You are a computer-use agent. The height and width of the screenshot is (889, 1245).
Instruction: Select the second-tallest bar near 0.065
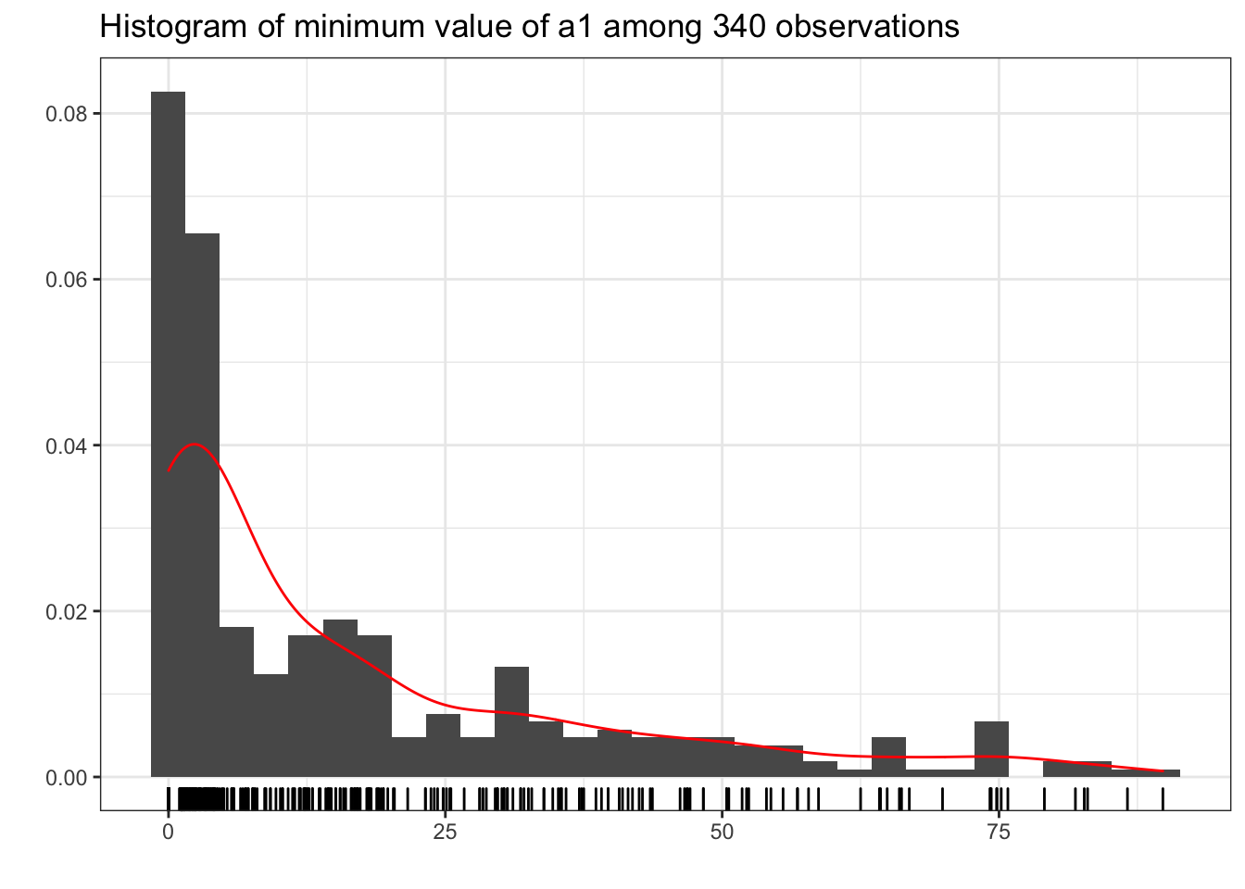coord(202,505)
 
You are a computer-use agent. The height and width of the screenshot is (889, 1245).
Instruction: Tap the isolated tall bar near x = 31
coord(511,721)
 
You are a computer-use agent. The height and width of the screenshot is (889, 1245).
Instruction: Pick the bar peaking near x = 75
coord(991,749)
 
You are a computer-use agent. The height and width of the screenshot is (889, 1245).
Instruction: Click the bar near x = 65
coord(888,758)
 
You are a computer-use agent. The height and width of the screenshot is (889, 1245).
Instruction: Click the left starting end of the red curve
coord(169,472)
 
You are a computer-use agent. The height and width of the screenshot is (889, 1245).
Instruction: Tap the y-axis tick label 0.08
coord(66,114)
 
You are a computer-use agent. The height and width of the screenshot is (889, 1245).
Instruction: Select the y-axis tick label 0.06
coord(66,280)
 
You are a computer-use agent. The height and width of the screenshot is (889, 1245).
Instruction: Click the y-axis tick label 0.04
coord(66,445)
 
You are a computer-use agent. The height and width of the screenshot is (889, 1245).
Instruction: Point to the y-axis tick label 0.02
coord(66,611)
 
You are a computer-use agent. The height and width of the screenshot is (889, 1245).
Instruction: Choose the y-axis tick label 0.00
coord(66,777)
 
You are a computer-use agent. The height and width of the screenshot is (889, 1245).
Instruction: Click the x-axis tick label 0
coord(168,833)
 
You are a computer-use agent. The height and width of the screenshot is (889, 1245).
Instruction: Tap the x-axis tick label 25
coord(445,833)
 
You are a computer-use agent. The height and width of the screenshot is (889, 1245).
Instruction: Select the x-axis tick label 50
coord(722,833)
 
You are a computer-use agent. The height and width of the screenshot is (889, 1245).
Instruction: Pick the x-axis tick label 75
coord(998,833)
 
